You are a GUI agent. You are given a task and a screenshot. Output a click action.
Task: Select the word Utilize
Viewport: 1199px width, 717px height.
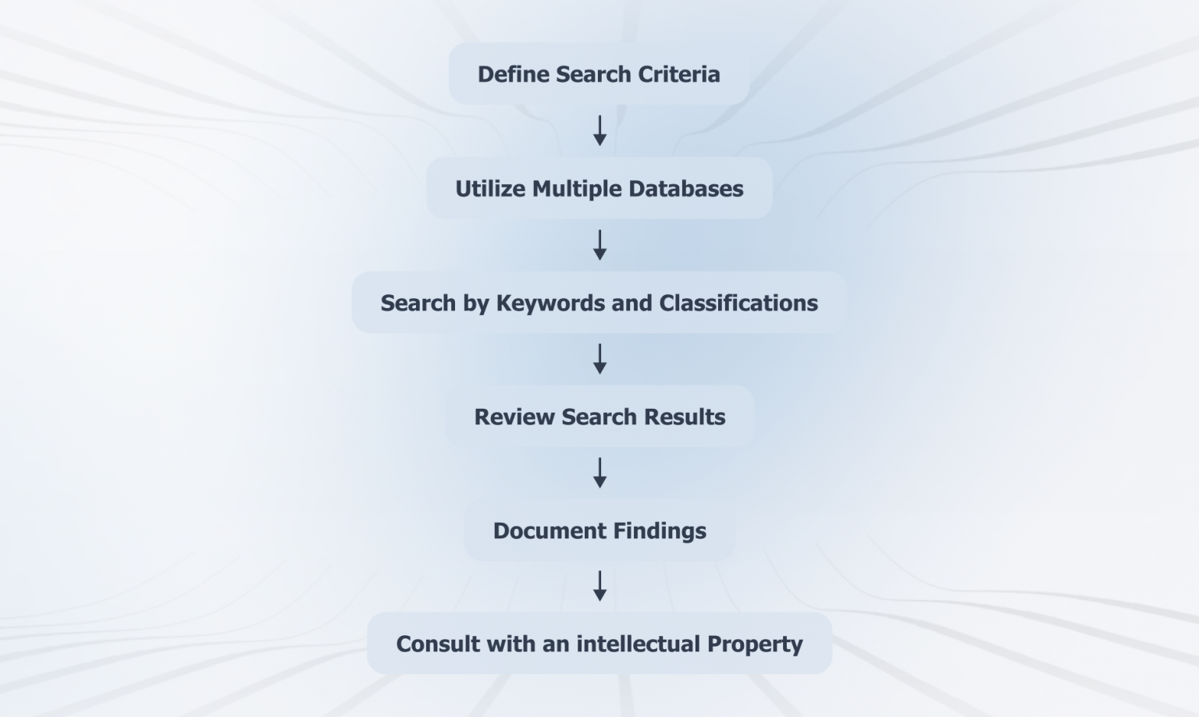(x=489, y=189)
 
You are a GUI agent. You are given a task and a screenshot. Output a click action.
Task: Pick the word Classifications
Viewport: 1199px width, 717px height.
(x=738, y=303)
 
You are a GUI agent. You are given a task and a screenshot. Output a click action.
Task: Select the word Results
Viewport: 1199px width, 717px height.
(x=685, y=417)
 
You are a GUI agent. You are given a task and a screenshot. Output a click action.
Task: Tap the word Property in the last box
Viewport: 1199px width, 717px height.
(x=754, y=644)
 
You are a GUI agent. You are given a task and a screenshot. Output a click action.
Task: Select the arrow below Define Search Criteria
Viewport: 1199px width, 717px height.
(x=599, y=130)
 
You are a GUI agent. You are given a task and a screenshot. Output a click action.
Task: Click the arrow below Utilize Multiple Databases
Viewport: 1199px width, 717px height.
(x=599, y=245)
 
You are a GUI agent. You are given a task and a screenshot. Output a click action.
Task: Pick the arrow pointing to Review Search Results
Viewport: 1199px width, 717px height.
(x=599, y=359)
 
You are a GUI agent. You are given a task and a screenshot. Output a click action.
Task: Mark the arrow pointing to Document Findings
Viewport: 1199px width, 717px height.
(x=599, y=473)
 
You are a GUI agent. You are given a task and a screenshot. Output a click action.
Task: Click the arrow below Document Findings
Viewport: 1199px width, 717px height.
(x=599, y=586)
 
